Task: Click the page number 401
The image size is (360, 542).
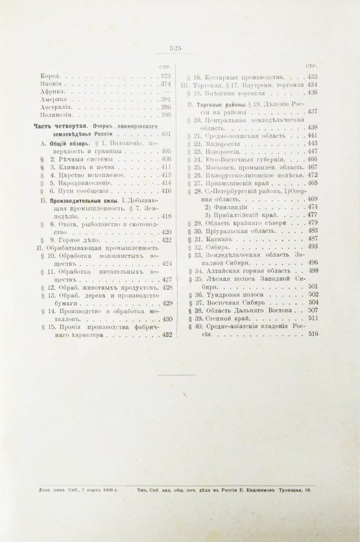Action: point(165,134)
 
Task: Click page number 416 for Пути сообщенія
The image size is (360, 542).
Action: point(165,191)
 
